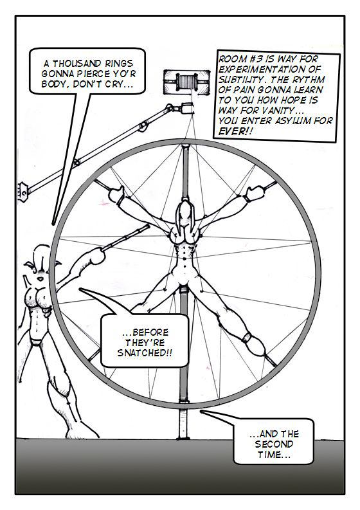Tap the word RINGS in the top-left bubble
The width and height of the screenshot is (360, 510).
119,63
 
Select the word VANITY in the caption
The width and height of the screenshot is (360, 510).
276,110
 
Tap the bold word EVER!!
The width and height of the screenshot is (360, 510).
236,131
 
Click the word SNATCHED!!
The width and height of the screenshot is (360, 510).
145,353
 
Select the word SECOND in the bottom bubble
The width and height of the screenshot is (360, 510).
274,444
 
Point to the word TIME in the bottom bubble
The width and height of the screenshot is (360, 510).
269,455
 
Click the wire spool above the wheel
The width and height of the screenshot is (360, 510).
186,82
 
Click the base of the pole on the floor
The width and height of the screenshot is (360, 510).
184,438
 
